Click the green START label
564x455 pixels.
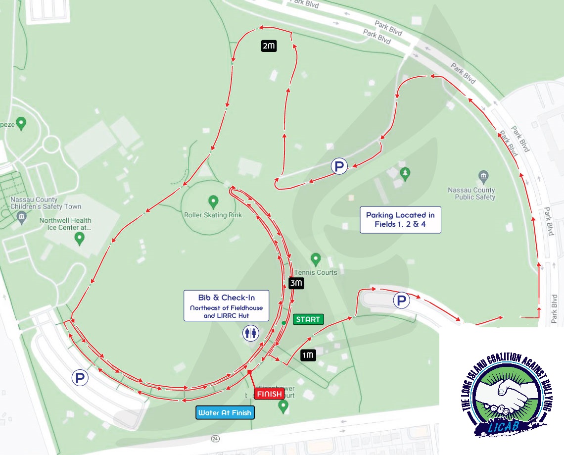click(308, 319)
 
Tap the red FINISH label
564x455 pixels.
click(269, 394)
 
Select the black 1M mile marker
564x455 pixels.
click(308, 354)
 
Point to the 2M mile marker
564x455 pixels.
click(269, 46)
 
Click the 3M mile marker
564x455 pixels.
click(295, 284)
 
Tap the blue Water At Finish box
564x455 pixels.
click(225, 412)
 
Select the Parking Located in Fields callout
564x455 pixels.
click(400, 219)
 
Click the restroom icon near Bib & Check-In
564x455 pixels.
click(250, 334)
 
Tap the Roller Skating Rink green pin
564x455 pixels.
click(213, 202)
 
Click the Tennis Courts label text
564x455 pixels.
click(316, 272)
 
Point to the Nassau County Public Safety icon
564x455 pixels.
click(484, 176)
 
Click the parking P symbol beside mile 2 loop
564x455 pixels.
click(339, 166)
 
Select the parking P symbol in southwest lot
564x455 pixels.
click(80, 378)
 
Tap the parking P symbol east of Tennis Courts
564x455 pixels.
click(401, 300)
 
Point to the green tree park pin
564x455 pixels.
click(406, 174)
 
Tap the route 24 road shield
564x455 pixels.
click(214, 438)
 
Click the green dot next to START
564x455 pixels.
click(283, 323)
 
